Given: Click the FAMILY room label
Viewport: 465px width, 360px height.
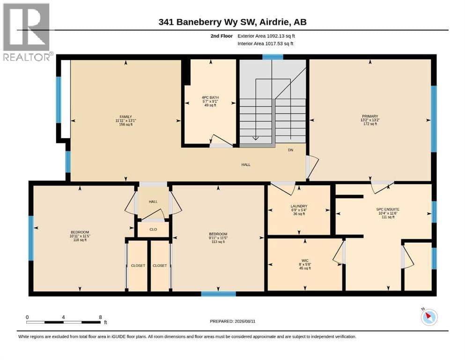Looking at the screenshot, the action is click(x=126, y=117).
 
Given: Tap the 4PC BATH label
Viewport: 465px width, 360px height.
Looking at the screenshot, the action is click(x=210, y=97).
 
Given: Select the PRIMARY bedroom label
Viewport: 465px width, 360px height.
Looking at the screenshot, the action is click(x=370, y=116).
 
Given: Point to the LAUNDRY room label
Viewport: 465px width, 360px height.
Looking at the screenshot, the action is click(x=299, y=206).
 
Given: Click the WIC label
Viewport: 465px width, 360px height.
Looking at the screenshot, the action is click(x=305, y=261).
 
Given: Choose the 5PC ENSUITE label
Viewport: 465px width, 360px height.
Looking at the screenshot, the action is click(x=388, y=209).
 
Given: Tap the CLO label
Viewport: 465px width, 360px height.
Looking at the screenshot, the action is click(x=153, y=229).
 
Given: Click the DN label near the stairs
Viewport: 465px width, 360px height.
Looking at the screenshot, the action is click(x=291, y=150).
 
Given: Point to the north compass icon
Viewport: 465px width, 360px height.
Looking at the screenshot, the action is click(x=429, y=317).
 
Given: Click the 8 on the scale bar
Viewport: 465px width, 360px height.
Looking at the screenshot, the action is click(x=101, y=317).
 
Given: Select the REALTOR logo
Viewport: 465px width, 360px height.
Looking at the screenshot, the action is click(x=26, y=32).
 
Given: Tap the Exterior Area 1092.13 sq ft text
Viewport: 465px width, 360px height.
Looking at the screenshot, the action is click(x=266, y=36).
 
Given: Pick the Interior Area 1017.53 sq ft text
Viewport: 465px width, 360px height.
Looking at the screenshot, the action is click(x=266, y=44).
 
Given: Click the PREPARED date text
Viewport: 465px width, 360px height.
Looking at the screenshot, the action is click(x=232, y=321).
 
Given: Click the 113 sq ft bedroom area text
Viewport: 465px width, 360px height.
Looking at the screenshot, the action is click(x=218, y=242).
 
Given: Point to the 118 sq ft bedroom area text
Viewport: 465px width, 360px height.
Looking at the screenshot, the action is click(x=80, y=240).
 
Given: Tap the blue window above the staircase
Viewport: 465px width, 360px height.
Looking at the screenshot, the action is click(x=273, y=57).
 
